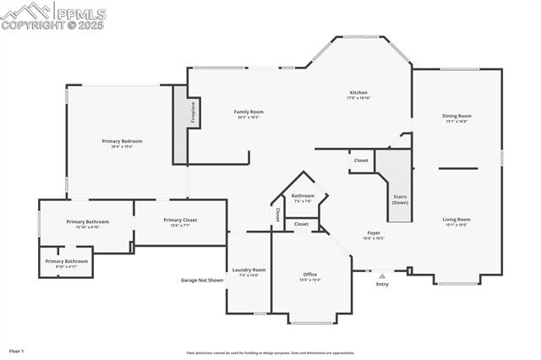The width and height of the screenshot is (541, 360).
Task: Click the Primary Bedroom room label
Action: pyautogui.click(x=122, y=141)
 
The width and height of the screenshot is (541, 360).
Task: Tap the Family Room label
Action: pyautogui.click(x=249, y=112)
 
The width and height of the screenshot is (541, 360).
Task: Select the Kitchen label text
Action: pyautogui.click(x=358, y=92)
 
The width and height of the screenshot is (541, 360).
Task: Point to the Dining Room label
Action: pyautogui.click(x=456, y=116)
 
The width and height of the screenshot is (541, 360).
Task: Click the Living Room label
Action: pyautogui.click(x=456, y=220)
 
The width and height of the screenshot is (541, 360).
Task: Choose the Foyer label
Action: pyautogui.click(x=374, y=232)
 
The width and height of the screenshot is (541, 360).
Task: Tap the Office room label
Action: pyautogui.click(x=310, y=274)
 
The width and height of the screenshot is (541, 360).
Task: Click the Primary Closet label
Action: pyautogui.click(x=180, y=221)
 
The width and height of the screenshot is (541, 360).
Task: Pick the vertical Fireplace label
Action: pyautogui.click(x=193, y=112)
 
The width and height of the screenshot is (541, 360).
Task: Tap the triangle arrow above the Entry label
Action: pyautogui.click(x=382, y=275)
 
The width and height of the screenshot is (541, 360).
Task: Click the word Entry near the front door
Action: pyautogui.click(x=382, y=284)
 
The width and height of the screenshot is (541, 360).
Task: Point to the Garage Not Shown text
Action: pyautogui.click(x=202, y=280)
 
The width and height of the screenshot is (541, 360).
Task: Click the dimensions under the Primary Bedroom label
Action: pyautogui.click(x=122, y=147)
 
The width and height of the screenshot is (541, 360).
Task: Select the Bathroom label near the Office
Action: pyautogui.click(x=303, y=196)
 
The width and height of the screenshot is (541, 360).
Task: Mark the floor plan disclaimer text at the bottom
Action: pyautogui.click(x=270, y=353)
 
